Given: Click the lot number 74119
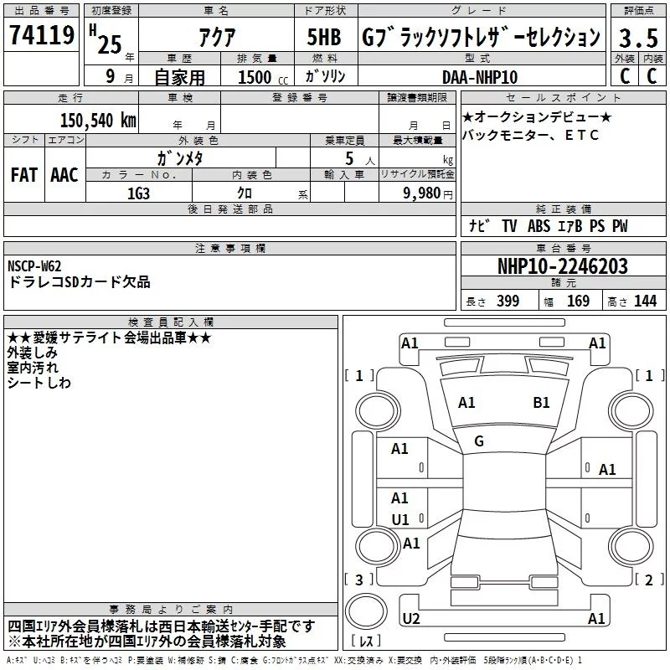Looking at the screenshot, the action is (x=42, y=35).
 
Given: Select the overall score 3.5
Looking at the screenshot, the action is (x=638, y=38).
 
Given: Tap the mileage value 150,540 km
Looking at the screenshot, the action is (x=98, y=120).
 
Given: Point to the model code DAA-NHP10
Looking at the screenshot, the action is (x=480, y=77).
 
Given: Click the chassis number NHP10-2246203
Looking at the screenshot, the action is (x=563, y=266).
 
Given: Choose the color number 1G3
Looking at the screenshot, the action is (x=139, y=193).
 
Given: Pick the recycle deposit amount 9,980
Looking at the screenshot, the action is (x=422, y=193).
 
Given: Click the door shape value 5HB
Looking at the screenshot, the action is (x=324, y=37).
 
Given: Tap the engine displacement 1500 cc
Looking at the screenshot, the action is (x=263, y=77).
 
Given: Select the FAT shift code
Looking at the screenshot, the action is (x=24, y=175).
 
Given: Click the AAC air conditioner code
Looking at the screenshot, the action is (x=64, y=175).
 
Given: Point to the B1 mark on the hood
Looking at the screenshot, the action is (x=541, y=403).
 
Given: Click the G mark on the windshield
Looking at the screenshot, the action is (x=479, y=441).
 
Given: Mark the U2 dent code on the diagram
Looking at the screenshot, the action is (x=411, y=619).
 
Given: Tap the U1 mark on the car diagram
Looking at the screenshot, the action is (x=400, y=519).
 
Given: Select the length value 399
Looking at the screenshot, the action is (x=508, y=301).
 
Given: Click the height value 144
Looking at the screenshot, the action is (x=645, y=301).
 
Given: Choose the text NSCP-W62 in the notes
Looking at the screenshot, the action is (x=34, y=266).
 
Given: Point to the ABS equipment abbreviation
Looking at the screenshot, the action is (x=539, y=226).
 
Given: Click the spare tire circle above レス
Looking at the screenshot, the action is (x=366, y=611).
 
